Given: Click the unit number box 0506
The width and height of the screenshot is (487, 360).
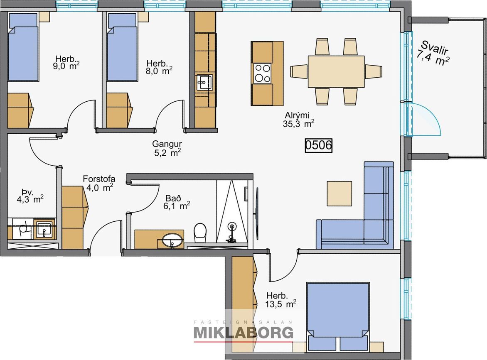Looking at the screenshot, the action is tap(318, 145).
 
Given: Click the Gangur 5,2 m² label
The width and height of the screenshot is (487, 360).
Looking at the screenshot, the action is tap(167, 148).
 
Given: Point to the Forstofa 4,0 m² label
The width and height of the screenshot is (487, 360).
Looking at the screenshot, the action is tap(99, 183).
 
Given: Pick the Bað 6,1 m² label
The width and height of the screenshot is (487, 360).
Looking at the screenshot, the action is tap(177, 202).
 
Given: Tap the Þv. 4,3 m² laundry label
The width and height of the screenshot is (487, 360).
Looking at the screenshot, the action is tap(30, 195).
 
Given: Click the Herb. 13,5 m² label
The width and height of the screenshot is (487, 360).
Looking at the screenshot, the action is tap(280, 300).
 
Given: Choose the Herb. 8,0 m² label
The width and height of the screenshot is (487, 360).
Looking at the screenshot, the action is tap(159, 67).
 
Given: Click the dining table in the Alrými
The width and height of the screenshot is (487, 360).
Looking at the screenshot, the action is tap(336, 72).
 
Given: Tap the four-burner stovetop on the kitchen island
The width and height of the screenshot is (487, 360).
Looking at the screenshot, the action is tap(263, 73).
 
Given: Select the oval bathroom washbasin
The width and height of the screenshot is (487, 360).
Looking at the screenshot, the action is tap(172, 240).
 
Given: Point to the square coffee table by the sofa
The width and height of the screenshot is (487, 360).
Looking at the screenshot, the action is tap(339, 193).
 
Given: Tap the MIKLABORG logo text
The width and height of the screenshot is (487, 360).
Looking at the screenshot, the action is tap(243, 332).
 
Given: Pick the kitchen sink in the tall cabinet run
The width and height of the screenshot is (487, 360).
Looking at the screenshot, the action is tap(204, 82).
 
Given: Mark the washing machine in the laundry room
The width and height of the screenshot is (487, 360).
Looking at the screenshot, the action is tap(22, 229).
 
